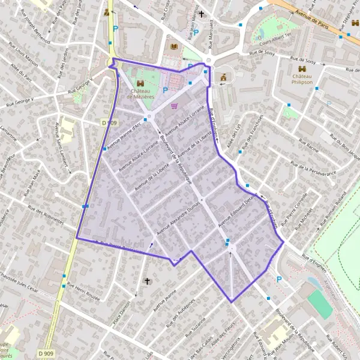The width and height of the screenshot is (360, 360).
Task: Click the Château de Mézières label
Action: click(x=140, y=93)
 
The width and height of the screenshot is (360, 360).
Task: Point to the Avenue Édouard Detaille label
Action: click(x=238, y=210)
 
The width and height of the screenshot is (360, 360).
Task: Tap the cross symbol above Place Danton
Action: click(x=146, y=281)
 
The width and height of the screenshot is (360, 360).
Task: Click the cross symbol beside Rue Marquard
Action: click(x=202, y=14)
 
